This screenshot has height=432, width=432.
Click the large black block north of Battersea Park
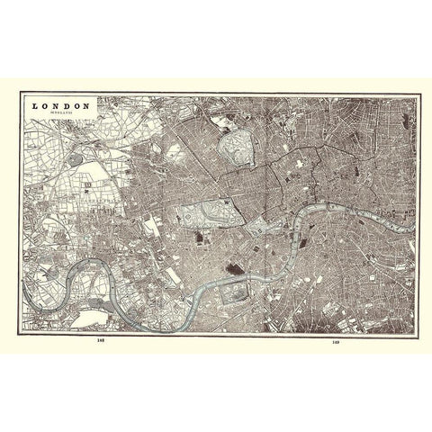point(236,269)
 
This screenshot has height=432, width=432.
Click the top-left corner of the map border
point(22,93)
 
